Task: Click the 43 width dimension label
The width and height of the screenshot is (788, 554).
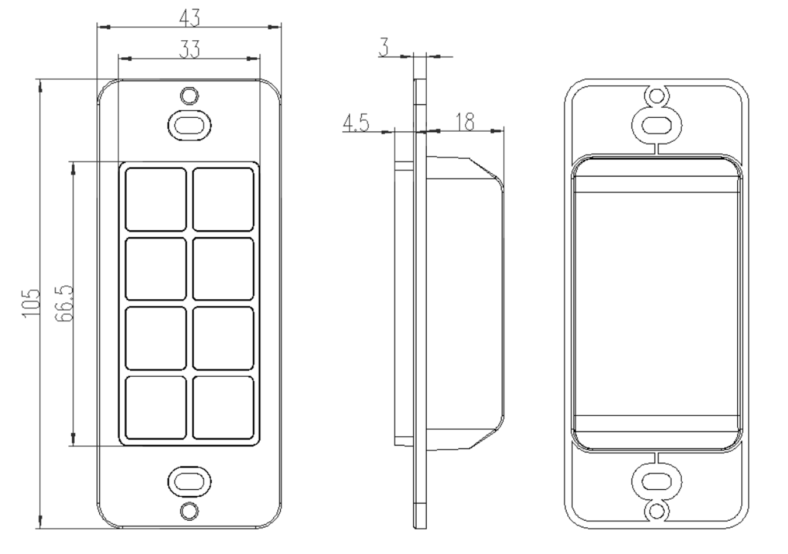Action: [x=189, y=17]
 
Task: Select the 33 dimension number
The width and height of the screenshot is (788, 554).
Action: [x=189, y=49]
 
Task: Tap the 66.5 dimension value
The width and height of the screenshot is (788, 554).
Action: [x=64, y=303]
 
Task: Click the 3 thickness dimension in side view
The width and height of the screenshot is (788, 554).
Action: [x=383, y=48]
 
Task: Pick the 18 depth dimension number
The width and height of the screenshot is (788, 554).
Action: [x=465, y=122]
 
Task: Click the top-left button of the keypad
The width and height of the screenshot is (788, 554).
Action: [x=156, y=199]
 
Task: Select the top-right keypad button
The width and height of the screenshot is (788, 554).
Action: [x=223, y=199]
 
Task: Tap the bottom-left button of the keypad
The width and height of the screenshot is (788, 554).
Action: [x=156, y=408]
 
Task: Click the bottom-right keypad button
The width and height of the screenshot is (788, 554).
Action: [x=223, y=408]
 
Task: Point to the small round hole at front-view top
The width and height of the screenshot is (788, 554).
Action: [x=189, y=95]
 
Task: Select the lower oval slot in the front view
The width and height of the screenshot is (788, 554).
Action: [x=189, y=481]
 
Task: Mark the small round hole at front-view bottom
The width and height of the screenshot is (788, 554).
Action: [x=189, y=510]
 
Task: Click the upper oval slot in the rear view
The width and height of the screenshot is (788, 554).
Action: [x=657, y=124]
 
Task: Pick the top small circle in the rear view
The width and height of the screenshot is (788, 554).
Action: [x=657, y=96]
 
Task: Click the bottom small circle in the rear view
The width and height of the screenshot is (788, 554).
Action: [x=657, y=511]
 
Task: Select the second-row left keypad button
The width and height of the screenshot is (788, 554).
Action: [x=156, y=268]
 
